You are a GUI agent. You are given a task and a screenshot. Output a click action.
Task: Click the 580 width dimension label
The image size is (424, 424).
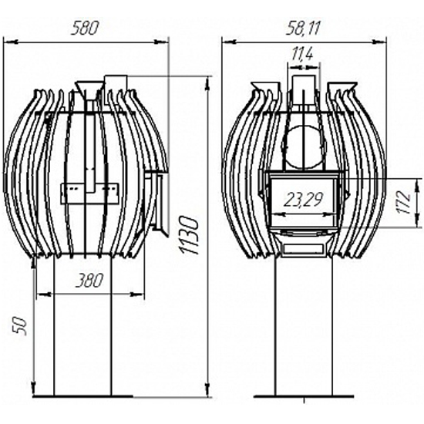click(x=84, y=29)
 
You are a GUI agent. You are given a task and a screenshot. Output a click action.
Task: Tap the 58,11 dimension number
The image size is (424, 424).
click(x=303, y=29)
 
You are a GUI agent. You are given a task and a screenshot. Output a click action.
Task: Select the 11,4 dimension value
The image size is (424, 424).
click(x=302, y=53)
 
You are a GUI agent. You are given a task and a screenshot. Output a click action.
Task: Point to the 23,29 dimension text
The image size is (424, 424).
click(x=304, y=200)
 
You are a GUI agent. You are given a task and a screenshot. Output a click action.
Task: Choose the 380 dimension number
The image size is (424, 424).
click(x=89, y=281)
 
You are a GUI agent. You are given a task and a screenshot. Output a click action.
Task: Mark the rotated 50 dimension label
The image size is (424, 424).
click(x=21, y=326)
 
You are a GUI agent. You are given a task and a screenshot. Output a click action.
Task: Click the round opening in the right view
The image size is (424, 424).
click(x=304, y=148)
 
